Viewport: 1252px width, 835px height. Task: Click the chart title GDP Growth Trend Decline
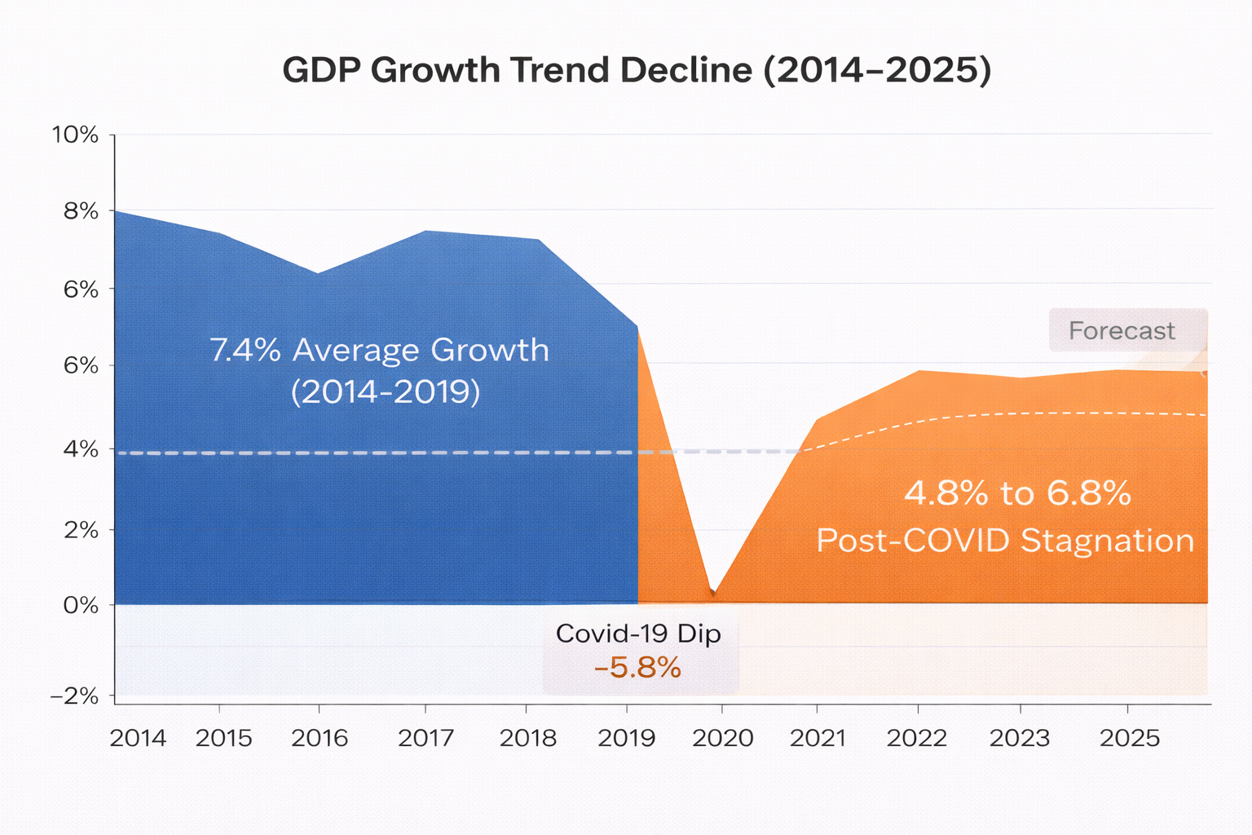637,71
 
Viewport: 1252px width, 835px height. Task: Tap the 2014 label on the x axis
138,738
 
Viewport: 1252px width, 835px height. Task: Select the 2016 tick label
320,738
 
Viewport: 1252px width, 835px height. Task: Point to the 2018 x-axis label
527,738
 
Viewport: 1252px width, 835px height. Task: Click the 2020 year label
722,738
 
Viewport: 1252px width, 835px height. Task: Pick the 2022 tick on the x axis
917,738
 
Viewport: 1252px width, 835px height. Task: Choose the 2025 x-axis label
1129,738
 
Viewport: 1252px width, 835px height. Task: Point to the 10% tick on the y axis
75,135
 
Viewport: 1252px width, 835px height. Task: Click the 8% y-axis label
81,211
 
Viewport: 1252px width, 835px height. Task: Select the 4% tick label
81,449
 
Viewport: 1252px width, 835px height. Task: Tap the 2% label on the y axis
81,530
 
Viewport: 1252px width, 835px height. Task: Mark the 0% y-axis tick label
81,605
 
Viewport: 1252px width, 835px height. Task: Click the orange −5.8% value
637,668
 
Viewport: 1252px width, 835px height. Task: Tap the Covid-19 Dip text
638,634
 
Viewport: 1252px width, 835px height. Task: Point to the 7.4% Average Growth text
380,351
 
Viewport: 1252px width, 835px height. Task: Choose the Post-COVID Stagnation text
1005,541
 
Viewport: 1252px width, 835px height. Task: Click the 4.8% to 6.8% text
1017,493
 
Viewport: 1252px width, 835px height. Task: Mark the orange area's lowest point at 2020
714,593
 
